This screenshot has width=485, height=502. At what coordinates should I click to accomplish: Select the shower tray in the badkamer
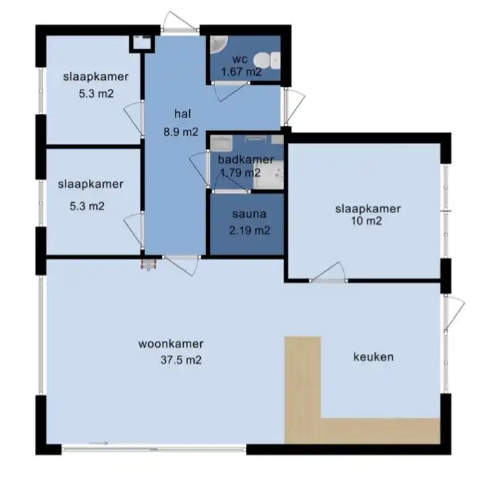coord(268,175)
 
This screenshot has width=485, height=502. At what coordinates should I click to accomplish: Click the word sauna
coord(249,214)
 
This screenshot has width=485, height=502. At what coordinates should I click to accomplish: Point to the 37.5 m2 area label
coord(181,360)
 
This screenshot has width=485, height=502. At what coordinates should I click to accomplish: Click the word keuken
coord(373,357)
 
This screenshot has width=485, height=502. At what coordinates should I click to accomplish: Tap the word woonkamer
coord(171,344)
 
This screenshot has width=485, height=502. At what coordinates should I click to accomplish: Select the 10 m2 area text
coord(367,221)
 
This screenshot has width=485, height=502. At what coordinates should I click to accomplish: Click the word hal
coord(183,113)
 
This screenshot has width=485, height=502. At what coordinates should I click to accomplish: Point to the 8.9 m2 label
coord(181,132)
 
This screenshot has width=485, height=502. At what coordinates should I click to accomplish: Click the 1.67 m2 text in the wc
coord(241,72)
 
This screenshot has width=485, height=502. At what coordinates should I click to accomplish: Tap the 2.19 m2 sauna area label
coord(249,230)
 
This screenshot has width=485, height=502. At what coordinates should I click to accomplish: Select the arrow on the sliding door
coord(98,443)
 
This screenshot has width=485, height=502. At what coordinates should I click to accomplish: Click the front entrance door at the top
coord(179,23)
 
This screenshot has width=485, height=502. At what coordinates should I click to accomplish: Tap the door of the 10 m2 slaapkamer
coord(329,272)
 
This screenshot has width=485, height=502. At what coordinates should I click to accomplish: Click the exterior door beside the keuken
coord(454,313)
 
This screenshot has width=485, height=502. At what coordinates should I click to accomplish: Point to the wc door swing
coord(230,92)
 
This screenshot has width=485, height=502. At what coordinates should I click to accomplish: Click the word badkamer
coord(245,159)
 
